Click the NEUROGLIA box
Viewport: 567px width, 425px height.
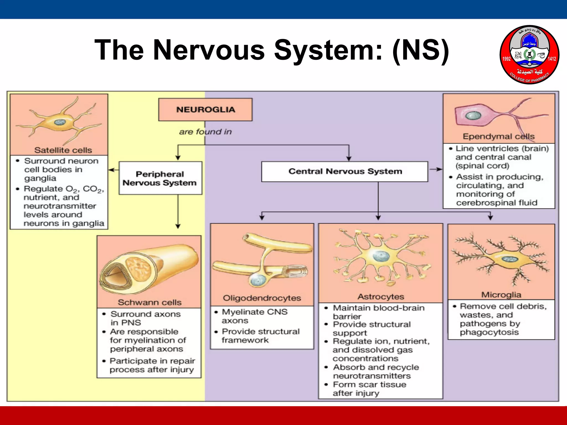point(205,110)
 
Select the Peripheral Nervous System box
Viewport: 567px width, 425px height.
point(160,178)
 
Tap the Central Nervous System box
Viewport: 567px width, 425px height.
point(345,172)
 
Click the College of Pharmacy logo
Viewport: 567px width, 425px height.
point(529,55)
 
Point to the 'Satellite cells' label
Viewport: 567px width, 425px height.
point(63,150)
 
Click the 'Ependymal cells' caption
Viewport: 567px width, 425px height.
point(499,136)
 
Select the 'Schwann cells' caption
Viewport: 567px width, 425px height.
point(150,302)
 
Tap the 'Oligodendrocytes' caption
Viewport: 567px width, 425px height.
point(262,298)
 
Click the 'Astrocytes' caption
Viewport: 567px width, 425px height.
point(381,297)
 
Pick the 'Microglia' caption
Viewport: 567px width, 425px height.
point(501,295)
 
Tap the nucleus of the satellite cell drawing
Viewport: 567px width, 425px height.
point(60,122)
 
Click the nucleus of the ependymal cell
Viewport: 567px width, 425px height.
point(473,116)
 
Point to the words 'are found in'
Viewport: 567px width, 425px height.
point(205,132)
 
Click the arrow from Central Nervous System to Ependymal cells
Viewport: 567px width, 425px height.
point(435,169)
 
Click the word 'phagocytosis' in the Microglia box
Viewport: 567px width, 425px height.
point(489,332)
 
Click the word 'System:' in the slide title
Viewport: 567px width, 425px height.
point(328,50)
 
